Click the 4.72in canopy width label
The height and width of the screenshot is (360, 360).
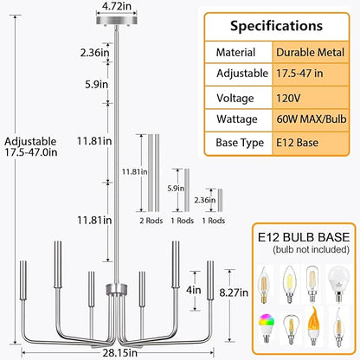116,6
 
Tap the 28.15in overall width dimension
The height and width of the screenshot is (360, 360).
120,353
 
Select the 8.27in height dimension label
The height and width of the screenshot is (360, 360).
234,292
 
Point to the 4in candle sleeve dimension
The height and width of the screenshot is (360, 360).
194,290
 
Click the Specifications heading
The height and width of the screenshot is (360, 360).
276,26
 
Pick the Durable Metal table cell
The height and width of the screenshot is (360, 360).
311,52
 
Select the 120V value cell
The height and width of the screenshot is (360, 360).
311,98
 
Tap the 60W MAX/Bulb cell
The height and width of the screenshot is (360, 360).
311,119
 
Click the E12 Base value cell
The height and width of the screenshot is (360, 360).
311,143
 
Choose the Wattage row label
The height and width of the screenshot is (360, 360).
237,119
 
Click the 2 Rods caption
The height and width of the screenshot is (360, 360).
151,221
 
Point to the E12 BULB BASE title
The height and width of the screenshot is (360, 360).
304,237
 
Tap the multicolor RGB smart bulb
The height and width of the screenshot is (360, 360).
266,328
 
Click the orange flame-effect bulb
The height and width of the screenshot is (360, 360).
314,326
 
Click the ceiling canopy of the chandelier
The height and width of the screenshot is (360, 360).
116,20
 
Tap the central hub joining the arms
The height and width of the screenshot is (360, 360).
117,289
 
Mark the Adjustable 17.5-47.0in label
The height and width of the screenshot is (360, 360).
31,147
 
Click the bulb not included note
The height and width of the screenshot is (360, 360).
311,249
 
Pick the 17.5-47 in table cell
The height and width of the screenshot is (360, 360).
311,74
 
